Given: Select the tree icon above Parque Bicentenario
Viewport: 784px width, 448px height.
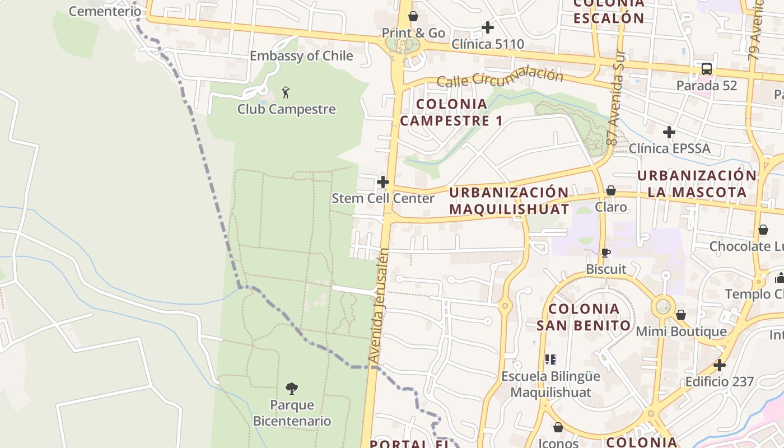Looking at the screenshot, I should (291, 388).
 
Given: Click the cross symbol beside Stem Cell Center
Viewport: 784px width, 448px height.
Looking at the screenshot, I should (383, 182).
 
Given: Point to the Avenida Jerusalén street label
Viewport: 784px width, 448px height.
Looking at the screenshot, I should (379, 305).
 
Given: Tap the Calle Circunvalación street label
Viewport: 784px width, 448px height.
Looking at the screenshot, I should (500, 78).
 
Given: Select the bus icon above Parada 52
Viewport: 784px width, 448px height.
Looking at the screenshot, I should (707, 69).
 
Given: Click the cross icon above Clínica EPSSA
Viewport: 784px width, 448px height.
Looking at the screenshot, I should (669, 132).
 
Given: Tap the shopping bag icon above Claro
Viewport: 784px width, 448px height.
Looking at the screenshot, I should (611, 190).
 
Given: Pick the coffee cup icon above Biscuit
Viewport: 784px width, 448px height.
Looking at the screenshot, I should (605, 253).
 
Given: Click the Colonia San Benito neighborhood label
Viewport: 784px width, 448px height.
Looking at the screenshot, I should (584, 317).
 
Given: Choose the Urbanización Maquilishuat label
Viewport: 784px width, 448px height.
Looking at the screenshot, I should (509, 200).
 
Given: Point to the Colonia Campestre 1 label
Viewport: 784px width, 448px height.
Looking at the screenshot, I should (451, 112).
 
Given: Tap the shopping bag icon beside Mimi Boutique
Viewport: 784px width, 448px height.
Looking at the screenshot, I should (681, 315).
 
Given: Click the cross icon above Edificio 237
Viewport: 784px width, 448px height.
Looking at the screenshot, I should (720, 365).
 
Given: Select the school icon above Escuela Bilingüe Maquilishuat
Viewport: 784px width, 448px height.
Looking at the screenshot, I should (550, 359).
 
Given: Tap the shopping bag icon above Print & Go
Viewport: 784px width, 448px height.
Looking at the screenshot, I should (413, 16).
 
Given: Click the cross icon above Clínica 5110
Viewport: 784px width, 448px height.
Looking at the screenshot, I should (488, 27).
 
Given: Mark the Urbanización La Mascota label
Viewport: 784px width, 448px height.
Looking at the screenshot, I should (697, 184).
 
